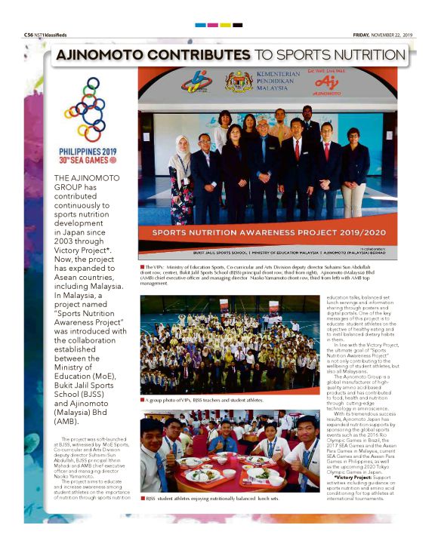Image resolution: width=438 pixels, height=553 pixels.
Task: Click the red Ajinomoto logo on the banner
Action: pyautogui.click(x=325, y=81)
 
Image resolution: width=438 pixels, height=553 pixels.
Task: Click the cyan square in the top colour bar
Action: pyautogui.click(x=200, y=25)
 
